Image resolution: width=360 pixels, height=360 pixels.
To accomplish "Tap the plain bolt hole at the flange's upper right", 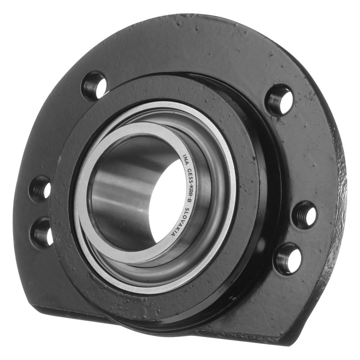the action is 279,99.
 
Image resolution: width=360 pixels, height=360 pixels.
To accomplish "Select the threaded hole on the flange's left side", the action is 40,189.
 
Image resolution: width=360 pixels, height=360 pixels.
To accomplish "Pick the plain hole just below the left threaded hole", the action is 42,232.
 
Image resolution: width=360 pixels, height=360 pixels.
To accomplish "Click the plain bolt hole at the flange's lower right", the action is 288,258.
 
